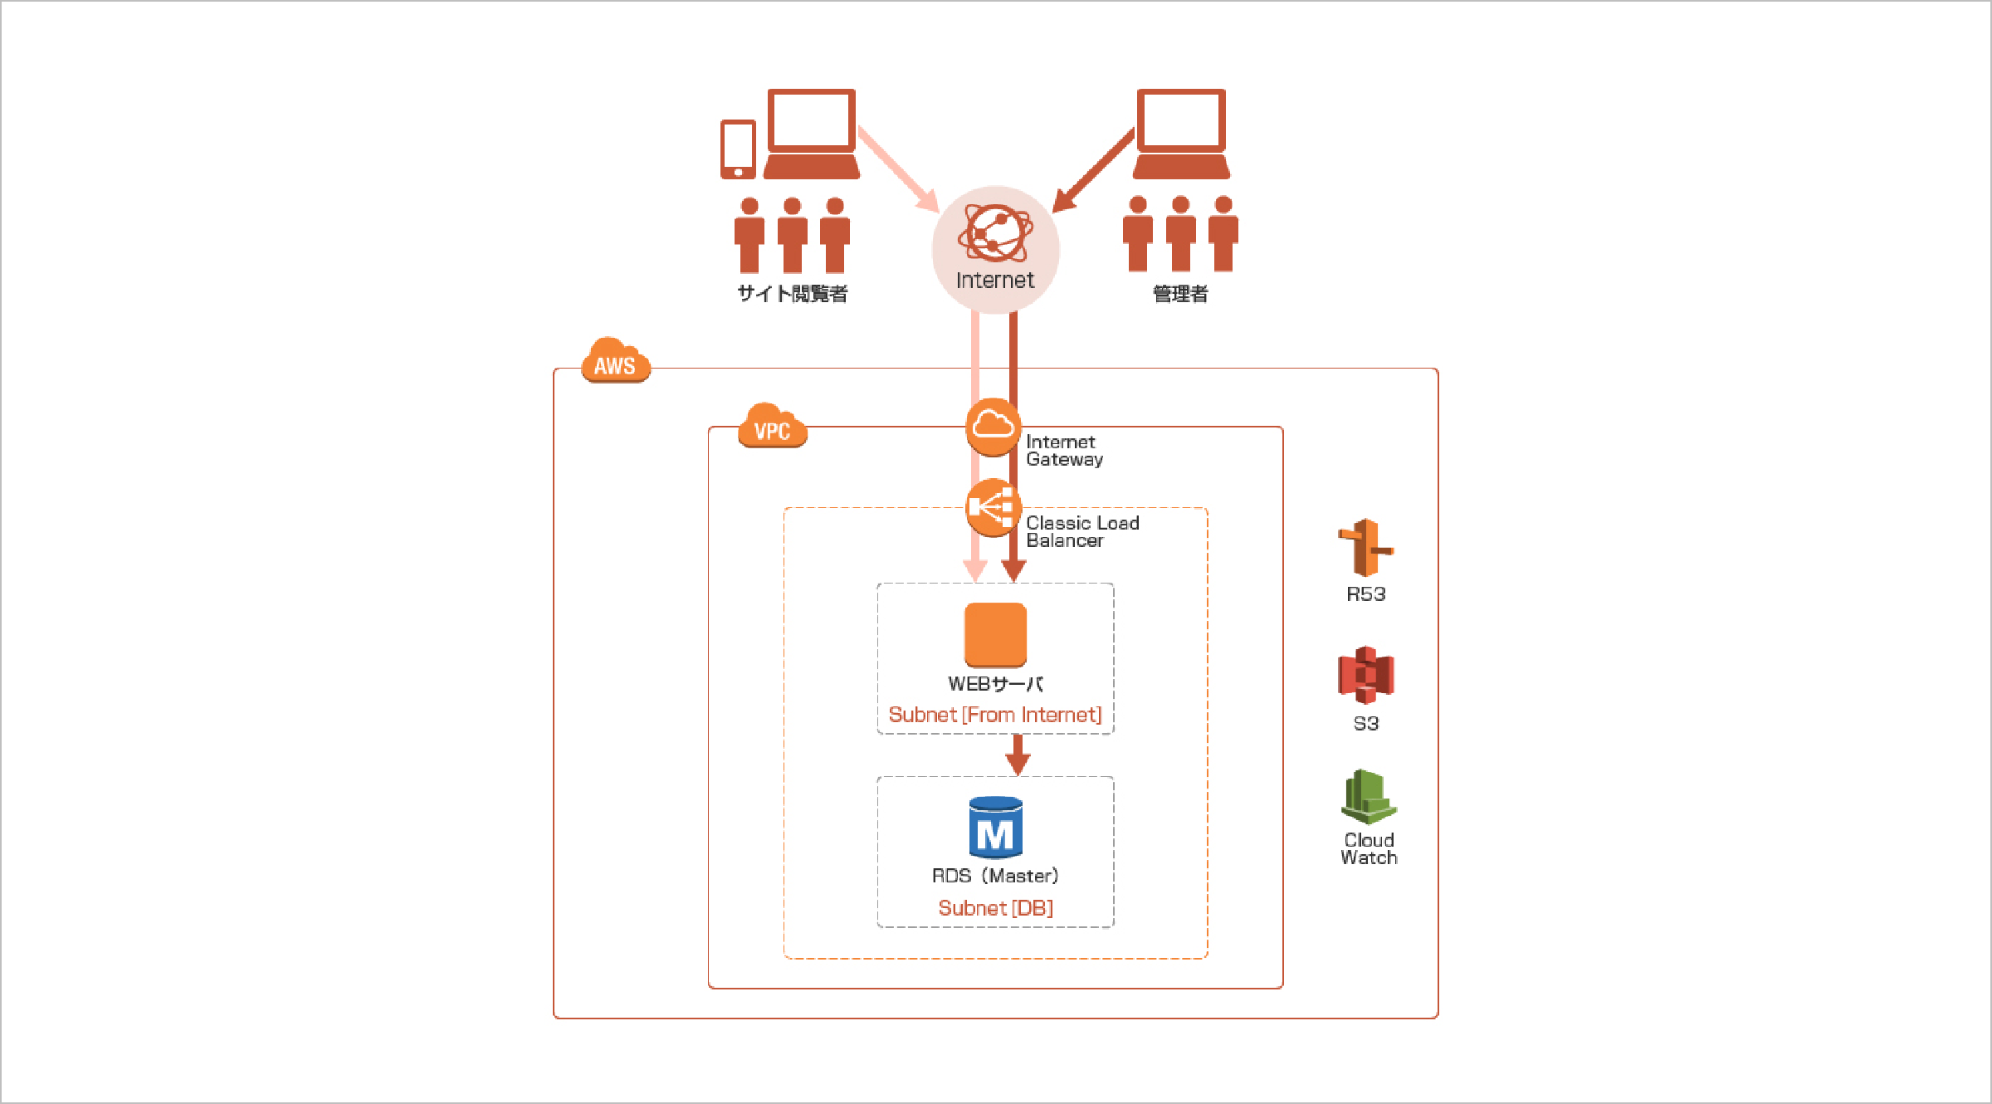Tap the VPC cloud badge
[772, 427]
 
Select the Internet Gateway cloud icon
[993, 427]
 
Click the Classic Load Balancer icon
[993, 507]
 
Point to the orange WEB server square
[995, 635]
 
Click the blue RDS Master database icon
[995, 827]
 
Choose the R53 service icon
[1365, 548]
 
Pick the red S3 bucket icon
[1365, 675]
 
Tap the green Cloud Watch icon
[1368, 797]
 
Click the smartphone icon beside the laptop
[738, 149]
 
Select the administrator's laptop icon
[1181, 134]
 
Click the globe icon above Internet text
[995, 233]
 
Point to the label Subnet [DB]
[995, 908]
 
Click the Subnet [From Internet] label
[994, 715]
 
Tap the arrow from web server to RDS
[1018, 755]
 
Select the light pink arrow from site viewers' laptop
[899, 169]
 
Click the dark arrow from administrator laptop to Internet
[1093, 171]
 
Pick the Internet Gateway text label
[1064, 451]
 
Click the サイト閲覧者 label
[792, 294]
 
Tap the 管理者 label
[1180, 294]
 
